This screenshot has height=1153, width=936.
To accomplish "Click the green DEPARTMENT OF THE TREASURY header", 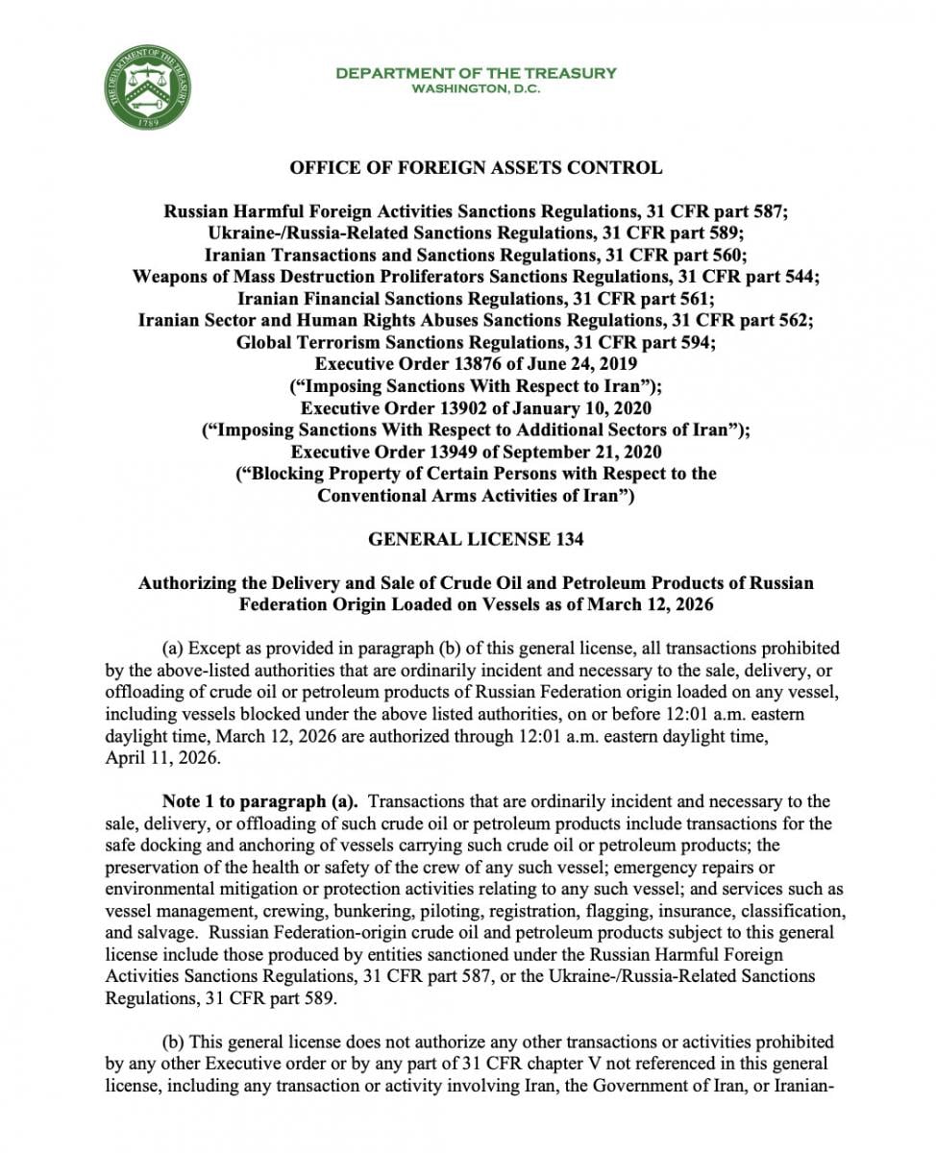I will (x=476, y=73).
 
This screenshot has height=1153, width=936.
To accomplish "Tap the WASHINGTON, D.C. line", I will (x=476, y=88).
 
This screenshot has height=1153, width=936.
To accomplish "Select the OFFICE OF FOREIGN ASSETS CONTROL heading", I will (x=476, y=168).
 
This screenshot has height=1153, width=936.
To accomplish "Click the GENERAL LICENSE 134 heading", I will (x=476, y=540).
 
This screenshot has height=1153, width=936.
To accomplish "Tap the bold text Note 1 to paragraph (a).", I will (x=259, y=801).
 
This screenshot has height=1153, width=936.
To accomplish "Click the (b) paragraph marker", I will (x=175, y=1042).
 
